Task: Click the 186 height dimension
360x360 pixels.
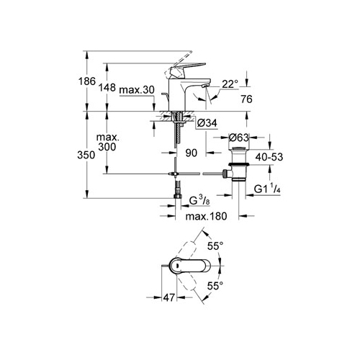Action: pyautogui.click(x=87, y=81)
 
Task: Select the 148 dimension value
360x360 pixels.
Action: pyautogui.click(x=107, y=88)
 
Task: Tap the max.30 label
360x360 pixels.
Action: pyautogui.click(x=137, y=90)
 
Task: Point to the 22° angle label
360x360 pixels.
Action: pyautogui.click(x=230, y=84)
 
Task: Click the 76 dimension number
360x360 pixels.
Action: pyautogui.click(x=246, y=99)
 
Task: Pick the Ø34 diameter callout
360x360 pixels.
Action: pyautogui.click(x=207, y=123)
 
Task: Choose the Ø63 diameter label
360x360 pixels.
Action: pyautogui.click(x=238, y=138)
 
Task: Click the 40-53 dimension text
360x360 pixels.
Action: pyautogui.click(x=269, y=157)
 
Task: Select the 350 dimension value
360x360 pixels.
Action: pyautogui.click(x=86, y=155)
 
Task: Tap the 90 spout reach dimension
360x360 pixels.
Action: pyautogui.click(x=192, y=153)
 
